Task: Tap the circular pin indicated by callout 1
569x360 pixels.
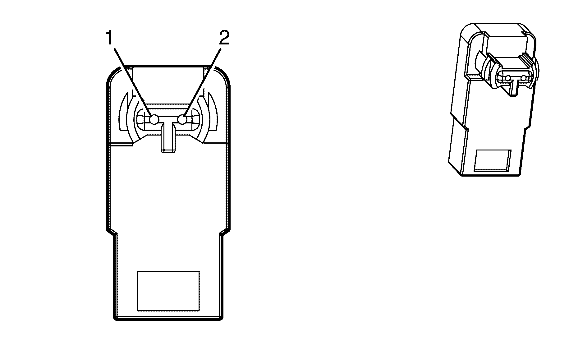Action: click(154, 119)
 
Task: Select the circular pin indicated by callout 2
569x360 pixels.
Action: click(182, 119)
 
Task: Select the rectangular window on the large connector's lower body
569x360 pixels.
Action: click(168, 291)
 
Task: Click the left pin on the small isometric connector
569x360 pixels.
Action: click(507, 78)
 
